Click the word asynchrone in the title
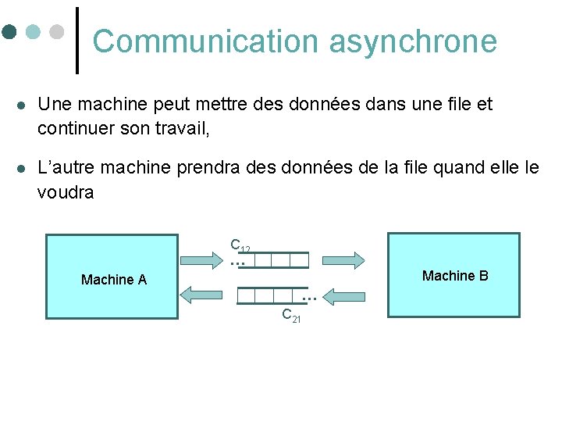tap(413, 41)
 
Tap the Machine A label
tap(114, 280)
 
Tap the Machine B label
tap(455, 276)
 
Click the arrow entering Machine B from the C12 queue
tap(343, 260)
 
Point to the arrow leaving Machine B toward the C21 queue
tap(343, 296)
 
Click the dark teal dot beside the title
tap(9, 32)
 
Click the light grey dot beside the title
tap(56, 32)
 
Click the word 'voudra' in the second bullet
tap(66, 192)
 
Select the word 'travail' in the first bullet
tap(182, 127)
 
